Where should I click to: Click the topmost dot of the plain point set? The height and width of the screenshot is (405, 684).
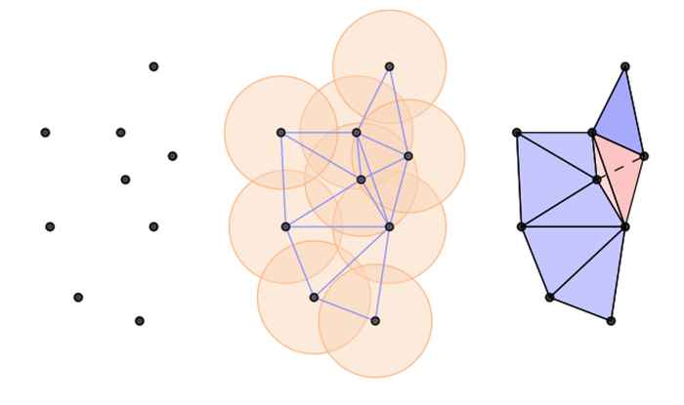tap(153, 66)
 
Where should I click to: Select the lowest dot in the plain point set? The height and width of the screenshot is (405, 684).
tap(140, 320)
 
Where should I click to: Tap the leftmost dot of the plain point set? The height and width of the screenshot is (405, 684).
tap(45, 132)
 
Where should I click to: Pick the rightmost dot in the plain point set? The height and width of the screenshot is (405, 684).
tap(172, 156)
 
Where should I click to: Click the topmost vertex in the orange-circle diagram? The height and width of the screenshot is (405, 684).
tap(389, 66)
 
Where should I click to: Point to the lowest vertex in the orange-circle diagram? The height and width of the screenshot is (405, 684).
tap(375, 320)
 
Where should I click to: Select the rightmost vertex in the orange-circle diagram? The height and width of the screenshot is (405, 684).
tap(407, 156)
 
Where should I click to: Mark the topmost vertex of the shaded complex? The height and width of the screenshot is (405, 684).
tap(625, 66)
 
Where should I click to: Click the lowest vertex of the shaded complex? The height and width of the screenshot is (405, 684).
tap(611, 320)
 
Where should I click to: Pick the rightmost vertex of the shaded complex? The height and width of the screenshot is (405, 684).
tap(644, 156)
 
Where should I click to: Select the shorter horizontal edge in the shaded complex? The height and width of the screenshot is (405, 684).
tap(554, 132)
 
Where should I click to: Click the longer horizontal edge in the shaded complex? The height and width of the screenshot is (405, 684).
tap(573, 226)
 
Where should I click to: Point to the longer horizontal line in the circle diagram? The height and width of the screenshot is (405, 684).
tap(337, 226)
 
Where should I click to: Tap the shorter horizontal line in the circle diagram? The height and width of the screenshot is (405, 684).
tap(319, 132)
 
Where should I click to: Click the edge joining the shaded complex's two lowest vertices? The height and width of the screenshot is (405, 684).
tap(580, 308)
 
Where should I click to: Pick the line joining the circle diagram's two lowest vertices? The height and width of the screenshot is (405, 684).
tap(344, 308)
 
